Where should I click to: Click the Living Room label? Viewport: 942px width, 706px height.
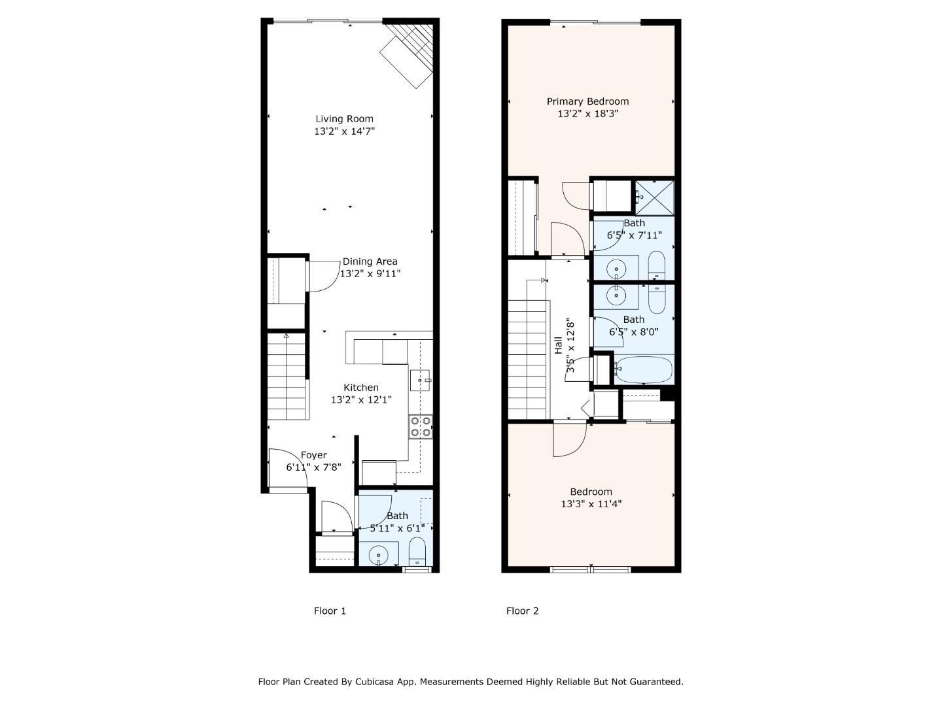(x=344, y=119)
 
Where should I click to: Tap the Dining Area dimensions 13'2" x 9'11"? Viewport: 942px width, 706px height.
(x=370, y=273)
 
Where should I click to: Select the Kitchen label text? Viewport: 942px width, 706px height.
(x=361, y=388)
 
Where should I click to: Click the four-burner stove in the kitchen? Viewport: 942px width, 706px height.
(x=420, y=426)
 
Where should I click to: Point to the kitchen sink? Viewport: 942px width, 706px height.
(x=420, y=380)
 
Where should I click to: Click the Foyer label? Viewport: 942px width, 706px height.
(x=314, y=455)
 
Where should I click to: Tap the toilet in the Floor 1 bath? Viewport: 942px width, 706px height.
(x=417, y=552)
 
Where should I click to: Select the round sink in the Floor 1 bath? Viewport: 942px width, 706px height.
(x=379, y=556)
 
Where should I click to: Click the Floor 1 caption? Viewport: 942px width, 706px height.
(x=330, y=611)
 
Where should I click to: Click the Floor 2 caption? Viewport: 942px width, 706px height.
(x=522, y=611)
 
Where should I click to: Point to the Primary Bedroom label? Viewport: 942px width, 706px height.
(x=587, y=101)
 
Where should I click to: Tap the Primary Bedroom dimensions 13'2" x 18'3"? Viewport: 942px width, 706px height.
(x=587, y=114)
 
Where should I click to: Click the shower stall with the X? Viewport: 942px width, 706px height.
(x=654, y=197)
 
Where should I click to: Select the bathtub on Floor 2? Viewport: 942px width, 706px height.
(x=644, y=369)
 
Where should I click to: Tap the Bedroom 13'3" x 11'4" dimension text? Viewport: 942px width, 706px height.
(x=591, y=503)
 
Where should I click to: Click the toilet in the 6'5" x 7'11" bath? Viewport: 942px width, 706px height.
(x=657, y=265)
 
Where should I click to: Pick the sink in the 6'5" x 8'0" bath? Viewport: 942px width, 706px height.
(x=616, y=295)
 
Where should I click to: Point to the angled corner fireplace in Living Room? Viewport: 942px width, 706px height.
(x=406, y=56)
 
